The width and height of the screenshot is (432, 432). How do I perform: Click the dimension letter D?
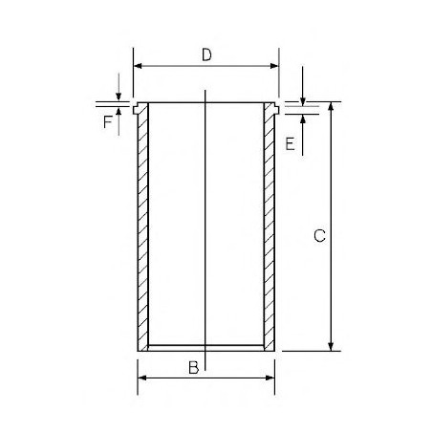[206, 54]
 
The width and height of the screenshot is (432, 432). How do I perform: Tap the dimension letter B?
[194, 367]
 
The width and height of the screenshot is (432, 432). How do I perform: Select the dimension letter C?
[319, 236]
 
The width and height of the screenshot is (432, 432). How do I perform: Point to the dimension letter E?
[290, 143]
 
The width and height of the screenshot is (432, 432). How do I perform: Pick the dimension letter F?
[108, 122]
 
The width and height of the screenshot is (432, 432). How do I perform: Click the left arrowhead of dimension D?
[138, 66]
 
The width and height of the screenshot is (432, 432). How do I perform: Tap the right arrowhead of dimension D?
[274, 66]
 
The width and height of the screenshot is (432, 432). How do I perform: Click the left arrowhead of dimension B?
[142, 378]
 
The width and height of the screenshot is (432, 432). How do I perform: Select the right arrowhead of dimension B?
[270, 378]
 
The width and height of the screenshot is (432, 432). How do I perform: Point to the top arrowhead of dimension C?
[331, 106]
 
